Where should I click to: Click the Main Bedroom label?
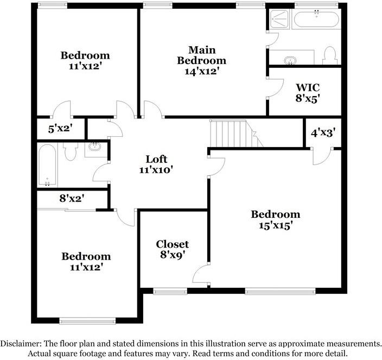click(201, 55)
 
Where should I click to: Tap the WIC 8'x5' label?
click(307, 92)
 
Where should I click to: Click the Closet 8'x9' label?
click(173, 250)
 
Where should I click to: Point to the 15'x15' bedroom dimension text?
click(275, 225)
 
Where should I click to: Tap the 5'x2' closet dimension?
click(60, 129)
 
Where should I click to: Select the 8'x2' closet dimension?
click(71, 199)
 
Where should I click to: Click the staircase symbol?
click(233, 134)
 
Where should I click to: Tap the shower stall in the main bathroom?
click(278, 19)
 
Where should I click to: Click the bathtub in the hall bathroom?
click(47, 164)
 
